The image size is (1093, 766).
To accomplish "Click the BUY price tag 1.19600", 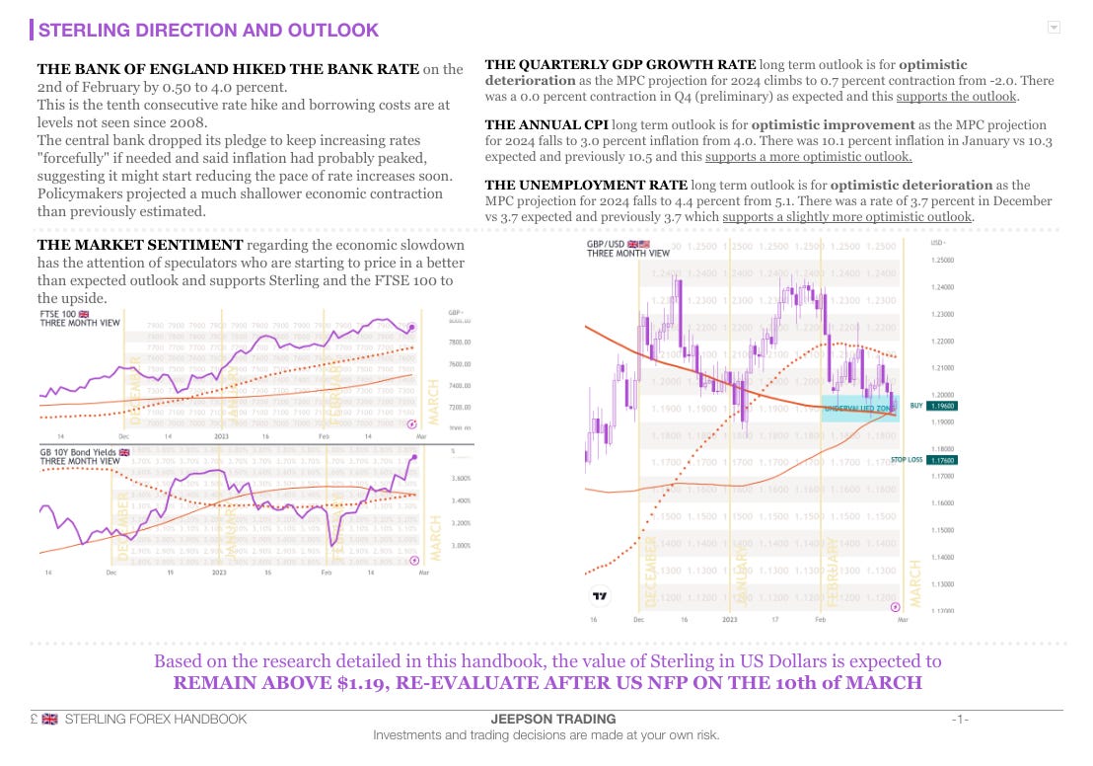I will (x=943, y=406).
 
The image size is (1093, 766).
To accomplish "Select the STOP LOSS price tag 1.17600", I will (x=943, y=460).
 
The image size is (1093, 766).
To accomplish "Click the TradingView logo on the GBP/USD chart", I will (x=599, y=595).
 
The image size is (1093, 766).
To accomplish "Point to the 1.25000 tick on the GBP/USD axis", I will (x=943, y=261).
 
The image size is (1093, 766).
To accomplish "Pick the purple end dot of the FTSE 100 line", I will (x=412, y=327).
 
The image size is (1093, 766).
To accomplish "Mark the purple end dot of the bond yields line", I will (x=412, y=457).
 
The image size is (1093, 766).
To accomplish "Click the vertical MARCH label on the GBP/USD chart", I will (x=916, y=583).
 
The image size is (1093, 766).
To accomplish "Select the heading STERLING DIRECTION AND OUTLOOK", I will (x=208, y=31).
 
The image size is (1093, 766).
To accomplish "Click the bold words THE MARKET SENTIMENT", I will (x=139, y=245).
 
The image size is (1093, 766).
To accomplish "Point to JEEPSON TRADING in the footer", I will (x=552, y=719).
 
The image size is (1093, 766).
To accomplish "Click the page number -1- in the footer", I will (x=960, y=719).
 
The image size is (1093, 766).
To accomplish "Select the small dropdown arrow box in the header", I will (x=1055, y=28).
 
